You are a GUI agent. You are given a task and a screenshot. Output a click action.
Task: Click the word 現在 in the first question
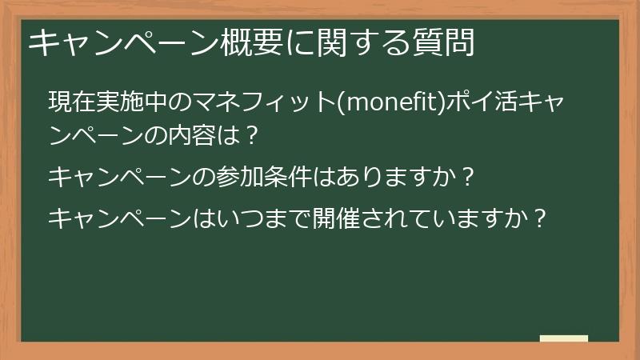click(x=64, y=103)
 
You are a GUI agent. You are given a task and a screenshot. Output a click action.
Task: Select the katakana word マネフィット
click(x=255, y=103)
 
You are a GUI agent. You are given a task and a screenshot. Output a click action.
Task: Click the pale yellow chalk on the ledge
click(x=564, y=339)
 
